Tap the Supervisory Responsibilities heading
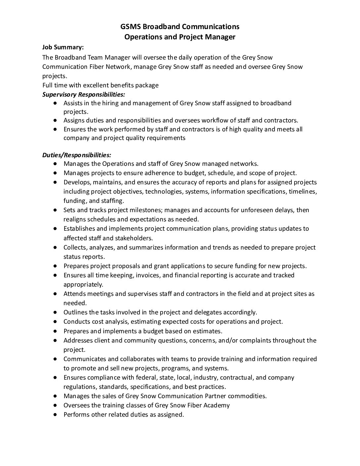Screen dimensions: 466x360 click(84, 94)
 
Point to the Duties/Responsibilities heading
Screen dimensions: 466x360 click(77, 155)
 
